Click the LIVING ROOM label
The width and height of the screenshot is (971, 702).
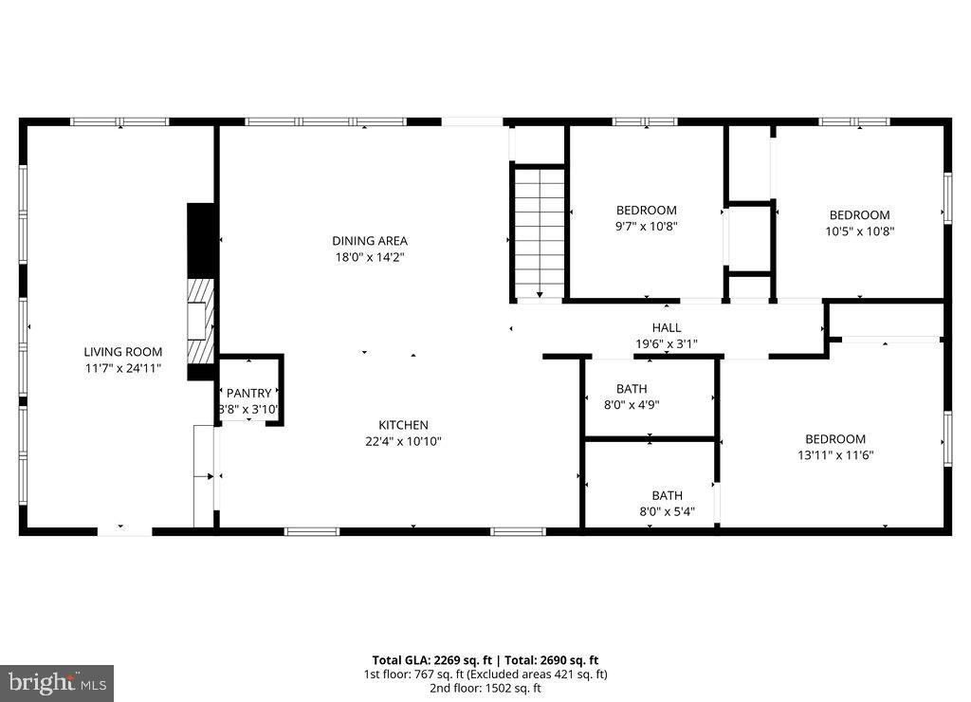[123, 352]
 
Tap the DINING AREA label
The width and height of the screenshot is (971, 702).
[370, 241]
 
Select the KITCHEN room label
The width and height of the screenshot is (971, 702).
[404, 425]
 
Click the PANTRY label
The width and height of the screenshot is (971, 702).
[248, 394]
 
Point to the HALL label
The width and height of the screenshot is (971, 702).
[666, 328]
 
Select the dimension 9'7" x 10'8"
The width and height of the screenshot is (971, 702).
[647, 226]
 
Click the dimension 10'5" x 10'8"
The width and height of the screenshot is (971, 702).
[859, 231]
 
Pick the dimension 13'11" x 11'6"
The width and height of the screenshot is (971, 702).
[835, 454]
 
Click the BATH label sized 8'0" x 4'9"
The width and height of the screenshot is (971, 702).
[632, 389]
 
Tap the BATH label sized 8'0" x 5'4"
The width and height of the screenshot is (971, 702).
[667, 495]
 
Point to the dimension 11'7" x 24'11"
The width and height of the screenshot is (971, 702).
[123, 367]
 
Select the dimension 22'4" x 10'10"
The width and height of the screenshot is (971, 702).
[404, 440]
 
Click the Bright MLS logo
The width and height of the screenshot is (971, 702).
[57, 682]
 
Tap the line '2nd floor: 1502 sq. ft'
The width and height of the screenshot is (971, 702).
[485, 688]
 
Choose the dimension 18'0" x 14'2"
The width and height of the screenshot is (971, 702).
[370, 256]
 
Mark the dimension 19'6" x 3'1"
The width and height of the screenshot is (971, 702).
[666, 343]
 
